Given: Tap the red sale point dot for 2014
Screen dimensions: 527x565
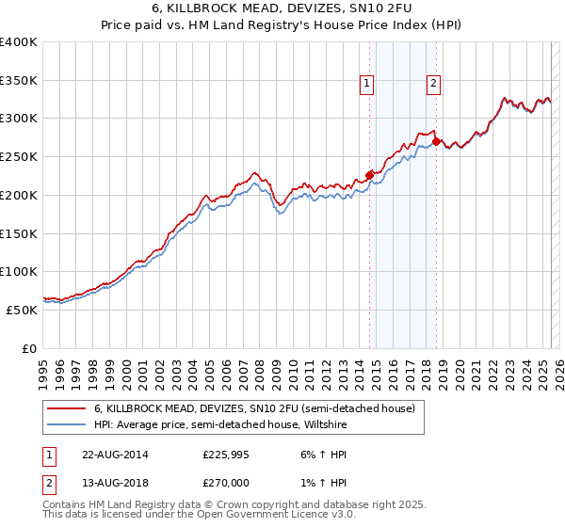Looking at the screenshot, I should [x=369, y=174].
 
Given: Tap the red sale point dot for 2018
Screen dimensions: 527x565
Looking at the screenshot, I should [x=436, y=141].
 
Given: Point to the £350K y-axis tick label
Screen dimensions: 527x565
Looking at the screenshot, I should [x=19, y=81].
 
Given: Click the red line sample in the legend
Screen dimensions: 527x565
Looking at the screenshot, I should [x=67, y=408].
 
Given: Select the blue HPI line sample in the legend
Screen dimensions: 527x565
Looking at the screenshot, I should [x=67, y=424].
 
